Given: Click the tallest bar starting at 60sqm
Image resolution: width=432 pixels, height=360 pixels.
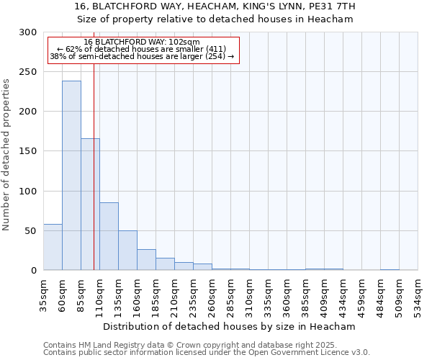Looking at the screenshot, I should click(x=71, y=176).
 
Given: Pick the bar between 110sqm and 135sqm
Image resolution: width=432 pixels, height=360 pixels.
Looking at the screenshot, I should click(x=109, y=236).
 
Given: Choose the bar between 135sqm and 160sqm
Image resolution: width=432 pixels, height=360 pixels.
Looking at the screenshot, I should click(x=127, y=251).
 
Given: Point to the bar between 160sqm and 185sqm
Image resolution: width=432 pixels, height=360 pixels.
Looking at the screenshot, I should click(x=146, y=260).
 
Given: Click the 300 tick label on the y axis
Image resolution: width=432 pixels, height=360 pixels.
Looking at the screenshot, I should click(x=28, y=32).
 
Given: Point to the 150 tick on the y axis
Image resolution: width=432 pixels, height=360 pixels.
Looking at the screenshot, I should click(x=28, y=151).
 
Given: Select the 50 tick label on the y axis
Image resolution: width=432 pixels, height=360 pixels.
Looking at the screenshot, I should click(x=31, y=231).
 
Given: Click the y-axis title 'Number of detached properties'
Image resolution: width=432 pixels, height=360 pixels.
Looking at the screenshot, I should click(x=6, y=155).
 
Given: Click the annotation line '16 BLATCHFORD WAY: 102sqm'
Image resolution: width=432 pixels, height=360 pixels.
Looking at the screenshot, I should click(x=142, y=42).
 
